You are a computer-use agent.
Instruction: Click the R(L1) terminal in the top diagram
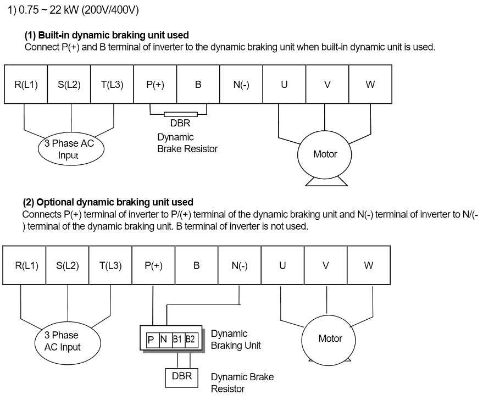coord(26,84)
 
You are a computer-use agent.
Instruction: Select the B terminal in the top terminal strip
coord(198,84)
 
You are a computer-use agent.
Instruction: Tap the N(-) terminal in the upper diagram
coord(241,84)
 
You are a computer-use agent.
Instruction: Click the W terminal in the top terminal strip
coord(370,84)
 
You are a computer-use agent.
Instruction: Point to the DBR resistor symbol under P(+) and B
coord(179,114)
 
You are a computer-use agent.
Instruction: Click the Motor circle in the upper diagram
coord(325,154)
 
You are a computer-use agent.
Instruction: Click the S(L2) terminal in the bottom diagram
coord(68,265)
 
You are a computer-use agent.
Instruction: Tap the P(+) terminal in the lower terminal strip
coord(153,265)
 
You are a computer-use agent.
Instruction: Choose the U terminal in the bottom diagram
coord(282,265)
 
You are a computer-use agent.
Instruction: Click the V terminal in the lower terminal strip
coord(325,265)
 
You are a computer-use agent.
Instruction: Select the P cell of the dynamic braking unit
coord(151,340)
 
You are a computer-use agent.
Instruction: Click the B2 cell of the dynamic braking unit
coord(190,340)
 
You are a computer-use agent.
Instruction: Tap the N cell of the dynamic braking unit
coord(163,340)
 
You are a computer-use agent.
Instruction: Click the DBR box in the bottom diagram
coord(182,377)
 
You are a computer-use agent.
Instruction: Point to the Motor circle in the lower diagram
coord(330,338)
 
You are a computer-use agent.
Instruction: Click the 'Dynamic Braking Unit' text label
coord(236,340)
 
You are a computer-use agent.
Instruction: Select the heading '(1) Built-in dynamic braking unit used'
coord(107,35)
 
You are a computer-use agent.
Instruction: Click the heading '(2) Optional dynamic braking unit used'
coord(108,202)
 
